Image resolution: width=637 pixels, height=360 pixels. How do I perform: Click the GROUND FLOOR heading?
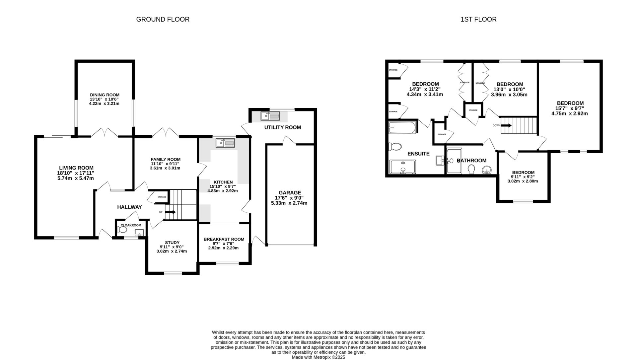(x=163, y=19)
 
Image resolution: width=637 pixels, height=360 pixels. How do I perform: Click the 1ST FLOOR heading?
(x=478, y=19)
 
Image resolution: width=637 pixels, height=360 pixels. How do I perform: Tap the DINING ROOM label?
(x=104, y=95)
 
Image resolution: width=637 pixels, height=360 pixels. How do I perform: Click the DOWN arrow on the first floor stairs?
(x=506, y=125)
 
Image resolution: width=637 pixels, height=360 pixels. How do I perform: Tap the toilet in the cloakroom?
(x=122, y=230)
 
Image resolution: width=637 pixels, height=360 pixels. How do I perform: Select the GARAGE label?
(x=290, y=192)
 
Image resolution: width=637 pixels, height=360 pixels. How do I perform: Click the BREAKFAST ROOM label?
(x=224, y=239)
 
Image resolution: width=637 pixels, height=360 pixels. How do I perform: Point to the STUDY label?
(x=172, y=243)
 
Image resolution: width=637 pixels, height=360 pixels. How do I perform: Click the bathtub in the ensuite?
(x=402, y=127)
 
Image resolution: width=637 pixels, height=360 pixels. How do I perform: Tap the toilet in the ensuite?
(x=395, y=146)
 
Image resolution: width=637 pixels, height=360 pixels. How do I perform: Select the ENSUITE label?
(x=418, y=154)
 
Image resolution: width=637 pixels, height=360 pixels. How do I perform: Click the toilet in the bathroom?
(x=471, y=169)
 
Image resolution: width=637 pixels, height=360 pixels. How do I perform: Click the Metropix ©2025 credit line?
(x=318, y=357)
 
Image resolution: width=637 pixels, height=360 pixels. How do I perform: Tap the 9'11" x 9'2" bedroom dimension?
(x=523, y=177)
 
